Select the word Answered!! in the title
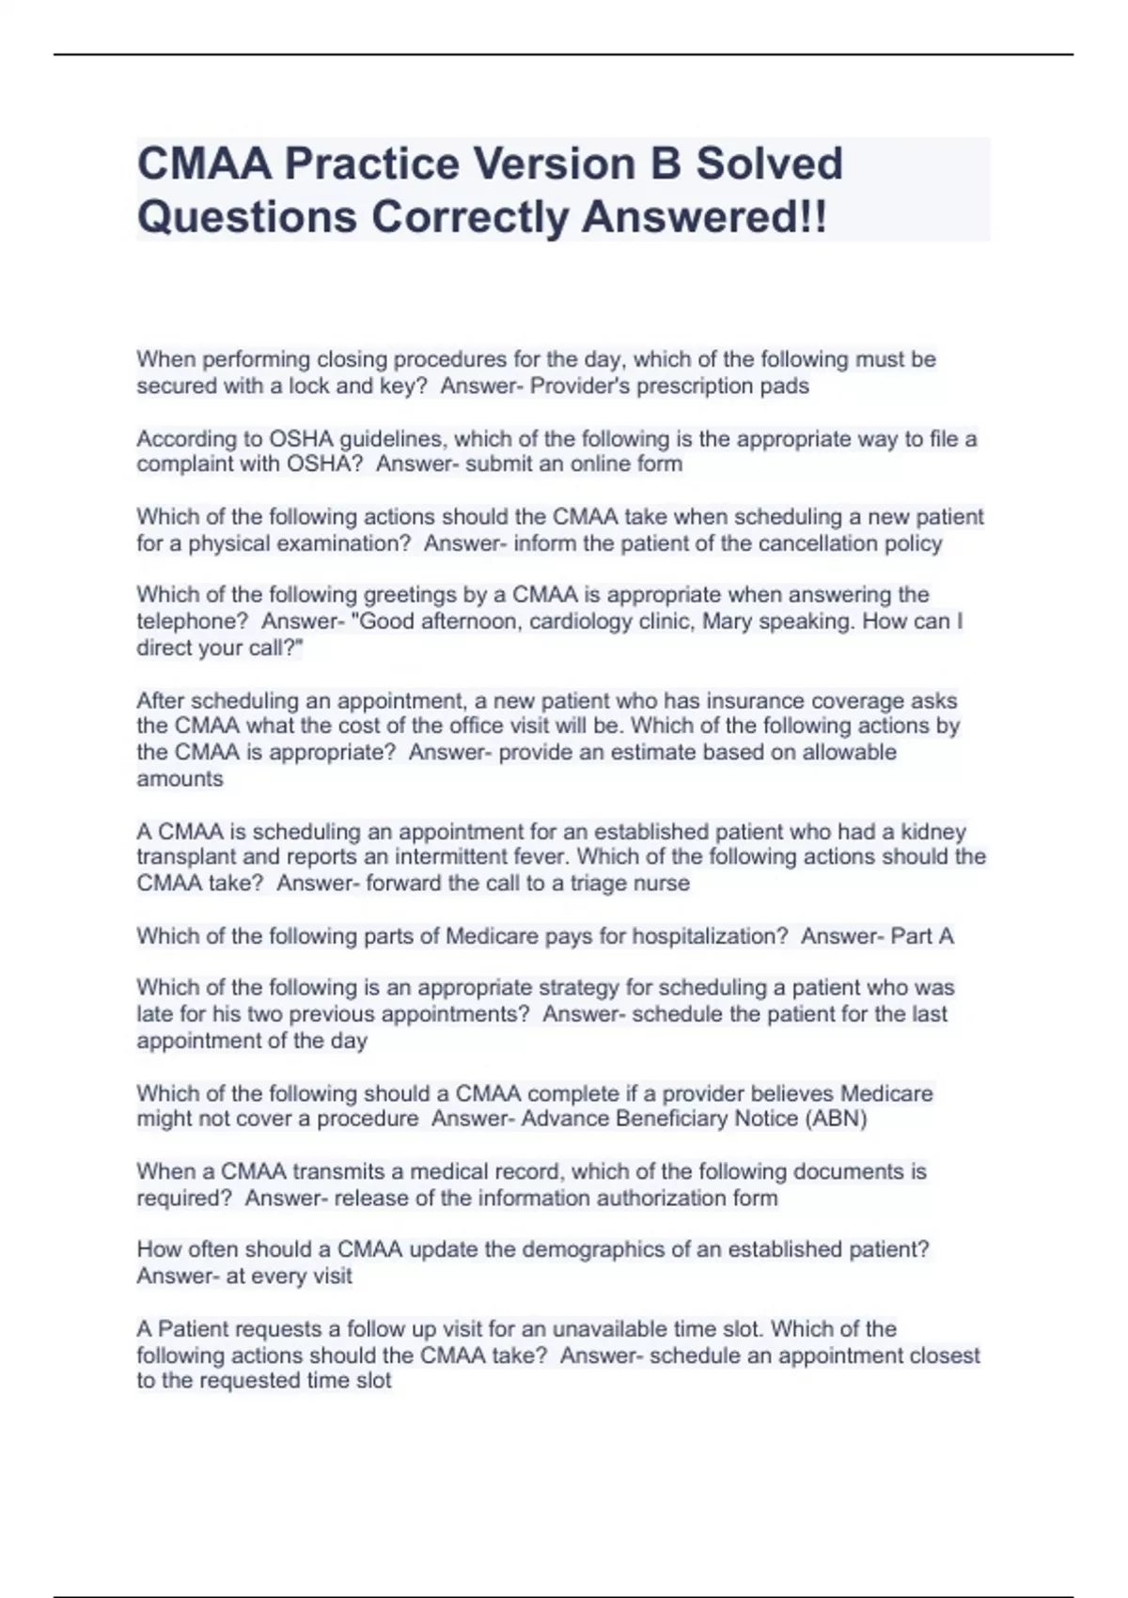[x=705, y=217]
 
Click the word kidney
[x=933, y=832]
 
